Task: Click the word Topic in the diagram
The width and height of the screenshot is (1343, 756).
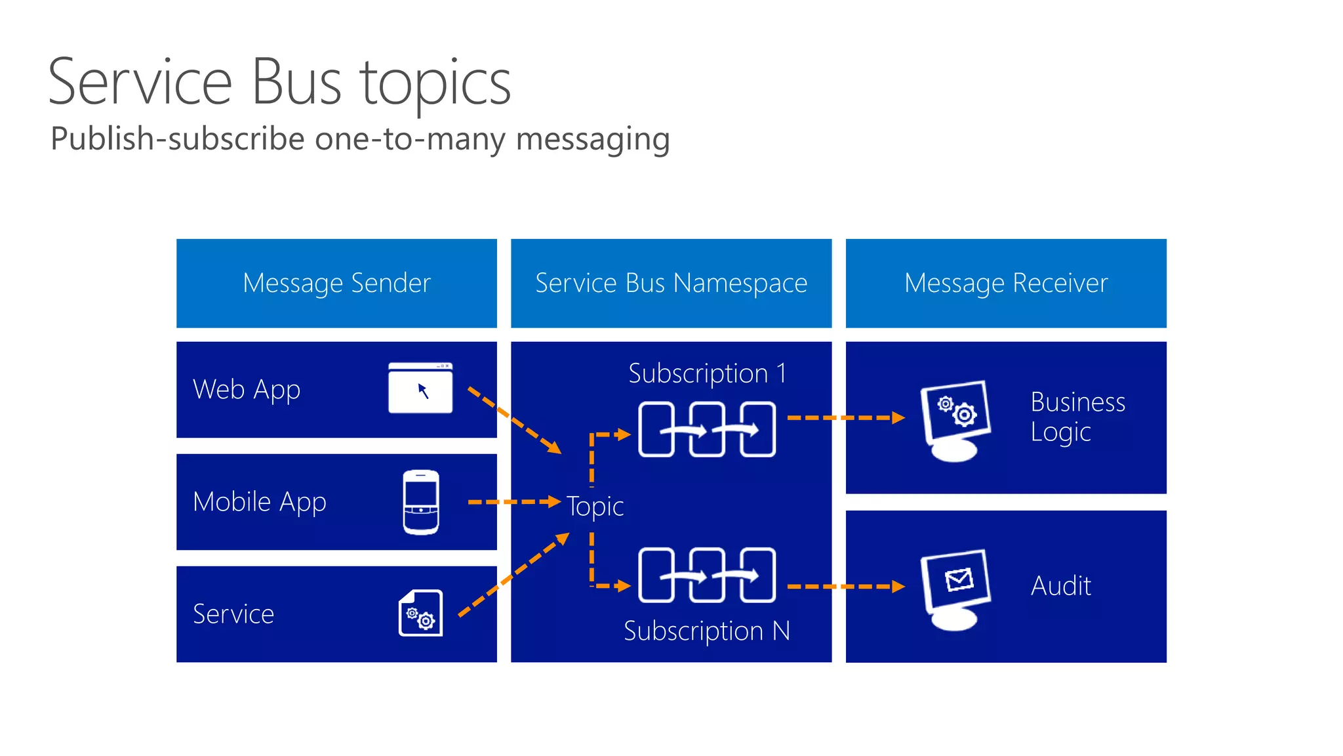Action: pyautogui.click(x=595, y=506)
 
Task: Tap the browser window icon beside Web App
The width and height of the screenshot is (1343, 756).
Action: pyautogui.click(x=420, y=388)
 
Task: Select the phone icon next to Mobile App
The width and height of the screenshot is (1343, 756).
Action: pyautogui.click(x=421, y=502)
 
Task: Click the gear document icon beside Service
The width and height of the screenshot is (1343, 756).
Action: pyautogui.click(x=421, y=614)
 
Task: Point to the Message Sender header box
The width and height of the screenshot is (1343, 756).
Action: pyautogui.click(x=336, y=283)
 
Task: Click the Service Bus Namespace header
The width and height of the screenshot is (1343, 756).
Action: pyautogui.click(x=671, y=283)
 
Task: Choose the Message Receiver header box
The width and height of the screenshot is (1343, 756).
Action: pyautogui.click(x=1006, y=283)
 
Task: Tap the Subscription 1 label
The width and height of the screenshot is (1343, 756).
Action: pyautogui.click(x=707, y=373)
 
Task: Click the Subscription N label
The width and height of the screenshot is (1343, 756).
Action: pyautogui.click(x=706, y=631)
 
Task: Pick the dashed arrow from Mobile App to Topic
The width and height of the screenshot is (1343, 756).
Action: pyautogui.click(x=513, y=502)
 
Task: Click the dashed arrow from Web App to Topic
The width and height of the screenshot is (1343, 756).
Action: pyautogui.click(x=514, y=420)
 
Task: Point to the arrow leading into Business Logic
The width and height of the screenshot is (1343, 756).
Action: pyautogui.click(x=845, y=417)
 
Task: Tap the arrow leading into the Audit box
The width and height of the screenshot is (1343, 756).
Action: pyautogui.click(x=845, y=587)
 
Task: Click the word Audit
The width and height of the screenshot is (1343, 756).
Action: pyautogui.click(x=1060, y=585)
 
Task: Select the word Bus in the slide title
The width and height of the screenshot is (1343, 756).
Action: pyautogui.click(x=296, y=83)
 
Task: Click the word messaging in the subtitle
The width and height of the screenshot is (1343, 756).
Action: pyautogui.click(x=593, y=140)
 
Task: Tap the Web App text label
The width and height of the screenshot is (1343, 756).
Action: pyautogui.click(x=247, y=390)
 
